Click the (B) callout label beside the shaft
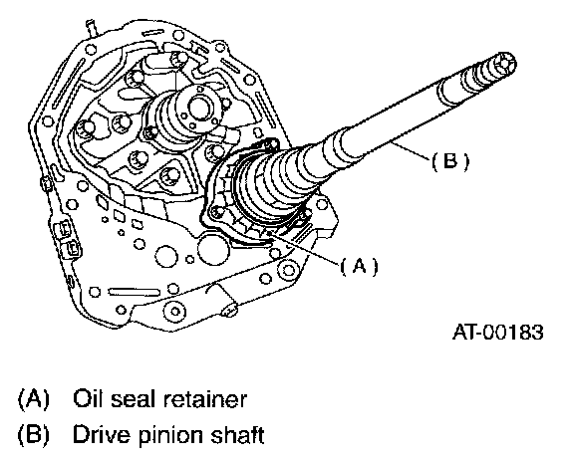(449, 161)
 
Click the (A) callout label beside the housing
(359, 266)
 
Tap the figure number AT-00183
(498, 332)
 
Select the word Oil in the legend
(87, 398)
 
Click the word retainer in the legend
(205, 399)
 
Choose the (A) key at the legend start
(33, 399)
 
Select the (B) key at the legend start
(33, 435)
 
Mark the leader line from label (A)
(303, 248)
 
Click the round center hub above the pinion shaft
(200, 107)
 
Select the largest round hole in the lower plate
(213, 250)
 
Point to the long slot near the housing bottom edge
(135, 292)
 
